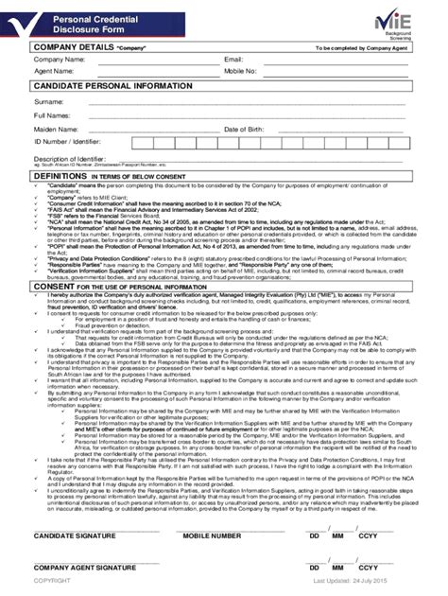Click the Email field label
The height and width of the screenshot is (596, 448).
(x=233, y=60)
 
